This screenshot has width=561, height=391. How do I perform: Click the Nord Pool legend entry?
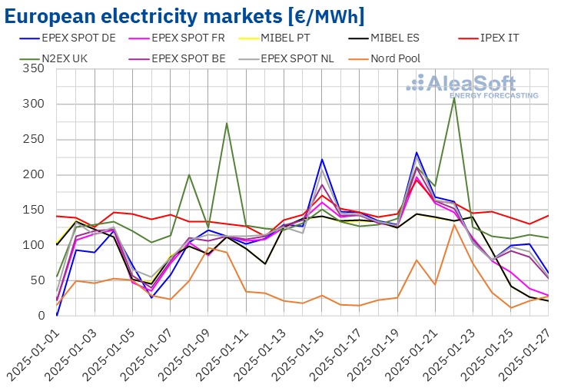click(x=395, y=58)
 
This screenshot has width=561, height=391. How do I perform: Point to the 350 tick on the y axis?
click(x=34, y=69)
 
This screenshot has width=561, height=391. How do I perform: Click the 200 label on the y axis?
click(x=34, y=175)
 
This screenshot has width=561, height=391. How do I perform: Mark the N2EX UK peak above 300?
click(x=454, y=98)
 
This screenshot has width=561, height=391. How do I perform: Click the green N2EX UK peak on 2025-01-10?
click(x=227, y=123)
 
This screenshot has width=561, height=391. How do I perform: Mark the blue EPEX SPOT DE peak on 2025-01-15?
click(x=322, y=160)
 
